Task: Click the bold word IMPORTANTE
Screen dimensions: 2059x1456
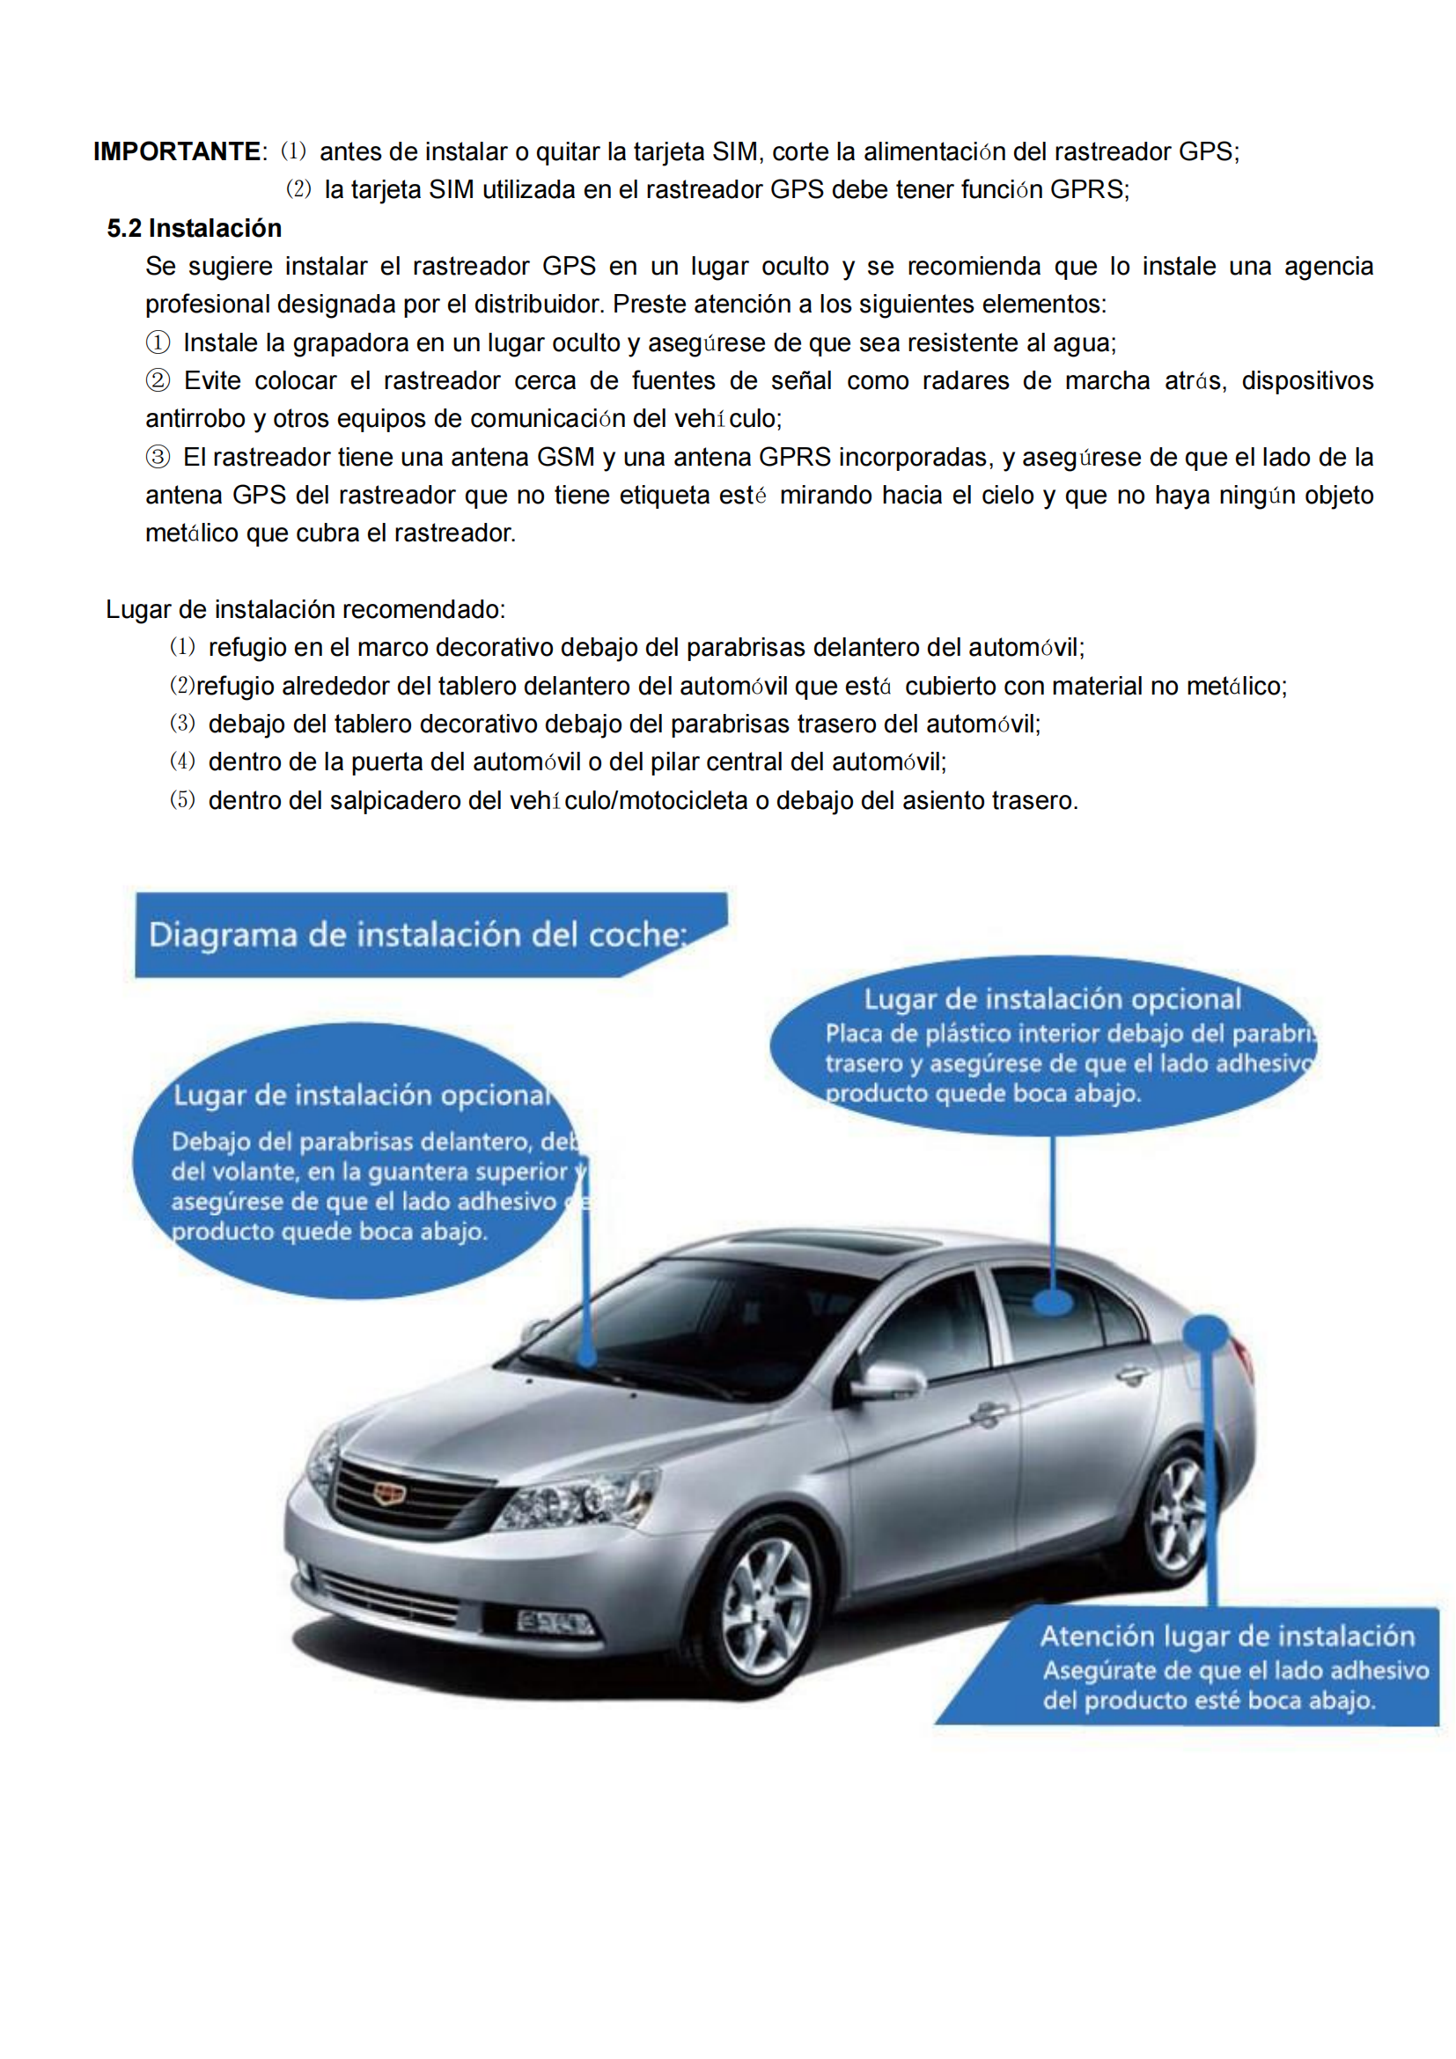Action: coord(177,151)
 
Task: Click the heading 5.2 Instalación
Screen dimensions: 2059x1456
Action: coord(194,229)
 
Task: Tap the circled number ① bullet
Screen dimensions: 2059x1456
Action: coord(158,342)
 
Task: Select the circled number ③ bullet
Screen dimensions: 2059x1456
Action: coord(158,458)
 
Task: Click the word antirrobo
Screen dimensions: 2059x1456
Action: coord(195,419)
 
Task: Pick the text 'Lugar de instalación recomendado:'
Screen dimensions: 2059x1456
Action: coord(305,610)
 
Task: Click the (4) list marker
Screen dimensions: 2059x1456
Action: coord(182,761)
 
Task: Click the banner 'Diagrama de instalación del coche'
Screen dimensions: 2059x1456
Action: coord(417,935)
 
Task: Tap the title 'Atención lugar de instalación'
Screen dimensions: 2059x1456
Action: coord(1226,1636)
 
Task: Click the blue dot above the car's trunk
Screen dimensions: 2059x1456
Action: coord(1206,1331)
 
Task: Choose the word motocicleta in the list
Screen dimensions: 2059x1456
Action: coord(682,800)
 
